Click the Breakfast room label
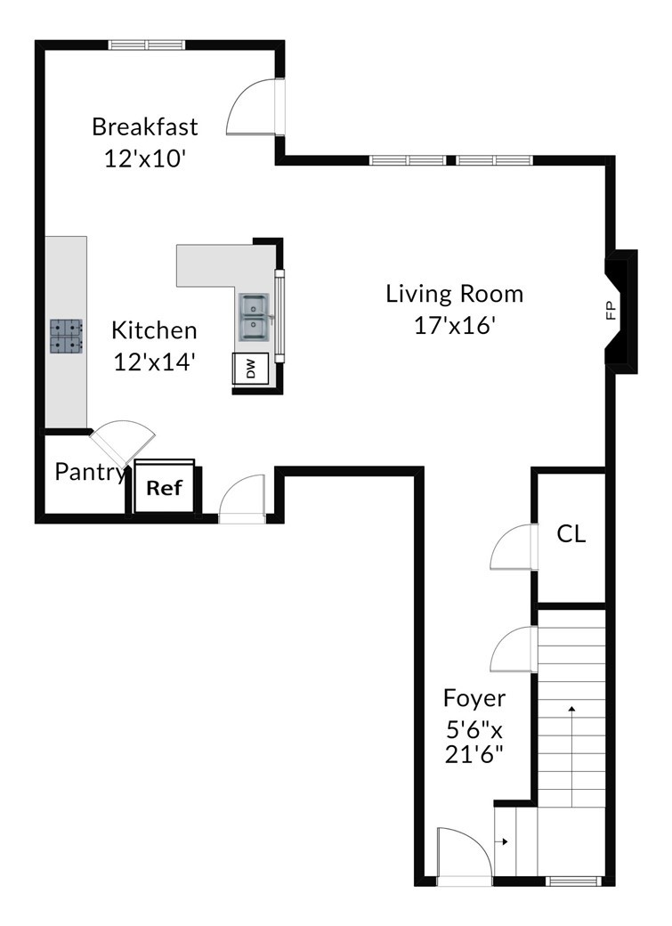coord(145,126)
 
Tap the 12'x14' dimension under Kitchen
coord(154,361)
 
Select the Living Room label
coord(455,294)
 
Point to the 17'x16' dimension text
coord(454,325)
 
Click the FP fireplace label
coord(611,311)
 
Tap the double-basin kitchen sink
coord(255,317)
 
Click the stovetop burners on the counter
coord(66,336)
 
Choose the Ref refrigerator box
coord(164,487)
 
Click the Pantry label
coord(91,472)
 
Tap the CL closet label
coord(571,534)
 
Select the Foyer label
coord(474,699)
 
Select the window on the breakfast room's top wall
coord(147,45)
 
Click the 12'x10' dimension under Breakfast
coord(145,158)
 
